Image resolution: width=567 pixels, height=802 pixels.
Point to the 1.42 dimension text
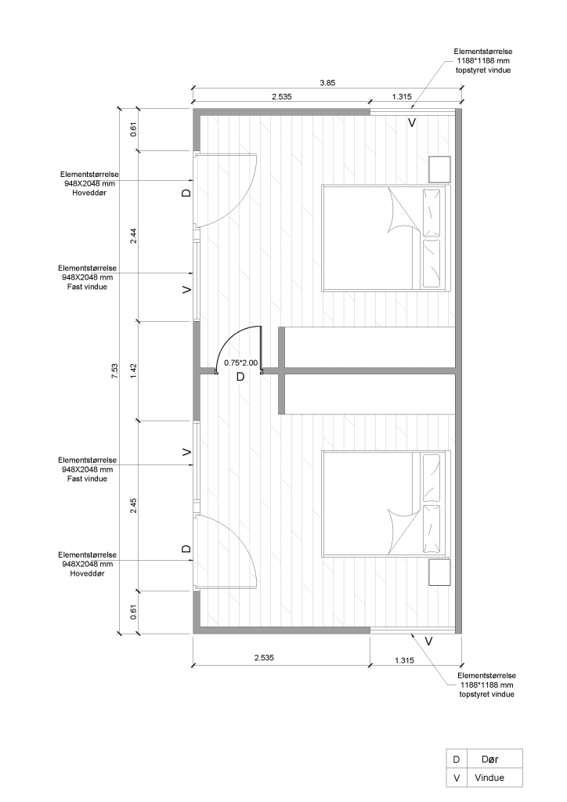point(134,371)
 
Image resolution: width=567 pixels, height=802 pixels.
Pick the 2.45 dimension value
point(134,505)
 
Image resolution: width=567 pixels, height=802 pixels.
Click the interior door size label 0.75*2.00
point(240,363)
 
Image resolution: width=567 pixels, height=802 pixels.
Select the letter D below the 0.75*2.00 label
point(240,377)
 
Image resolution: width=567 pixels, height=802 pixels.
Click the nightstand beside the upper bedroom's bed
point(440,168)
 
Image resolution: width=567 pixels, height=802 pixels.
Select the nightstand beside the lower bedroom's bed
point(440,573)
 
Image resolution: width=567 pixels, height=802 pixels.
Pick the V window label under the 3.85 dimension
point(412,123)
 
